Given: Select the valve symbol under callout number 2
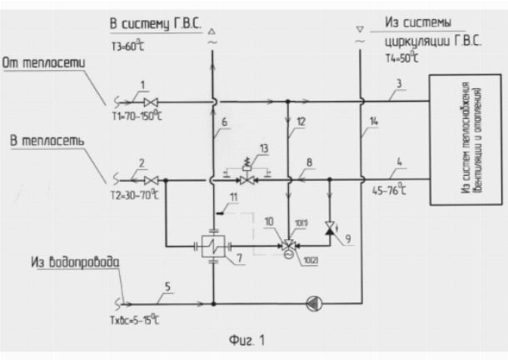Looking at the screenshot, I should (151, 179).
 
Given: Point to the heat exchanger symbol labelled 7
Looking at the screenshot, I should (213, 247).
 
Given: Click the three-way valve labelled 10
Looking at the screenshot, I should (287, 247).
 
